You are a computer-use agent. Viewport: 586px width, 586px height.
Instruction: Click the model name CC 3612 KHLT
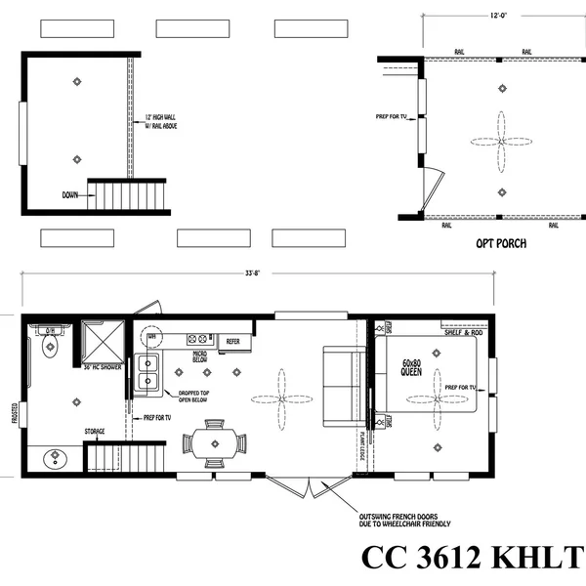(472, 558)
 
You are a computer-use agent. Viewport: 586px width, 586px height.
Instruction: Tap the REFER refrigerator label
(233, 341)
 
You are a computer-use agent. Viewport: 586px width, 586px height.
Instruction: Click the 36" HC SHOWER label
(101, 368)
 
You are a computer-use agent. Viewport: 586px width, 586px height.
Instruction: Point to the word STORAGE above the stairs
(95, 431)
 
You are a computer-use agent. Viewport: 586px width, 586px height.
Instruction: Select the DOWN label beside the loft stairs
(70, 194)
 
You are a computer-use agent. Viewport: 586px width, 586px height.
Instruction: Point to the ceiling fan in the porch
(501, 141)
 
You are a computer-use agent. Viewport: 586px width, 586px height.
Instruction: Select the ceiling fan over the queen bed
(437, 399)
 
